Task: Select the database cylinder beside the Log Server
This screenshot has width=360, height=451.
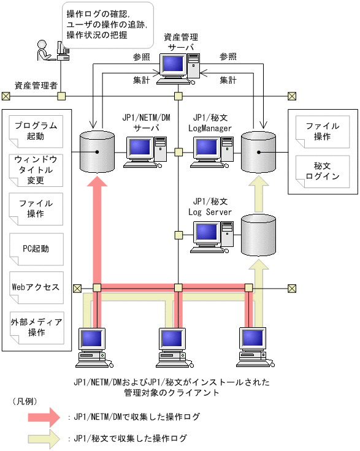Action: click(258, 235)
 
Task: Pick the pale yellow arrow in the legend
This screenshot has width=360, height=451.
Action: click(44, 439)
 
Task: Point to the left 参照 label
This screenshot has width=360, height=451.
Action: click(141, 56)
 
